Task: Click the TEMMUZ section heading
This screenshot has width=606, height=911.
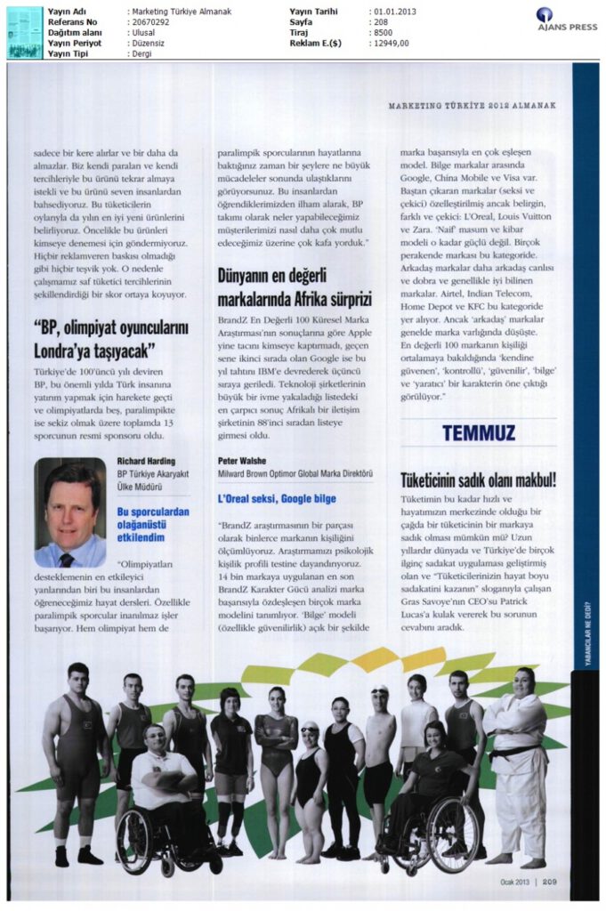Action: click(x=478, y=432)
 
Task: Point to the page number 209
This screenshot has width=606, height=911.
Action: click(x=546, y=882)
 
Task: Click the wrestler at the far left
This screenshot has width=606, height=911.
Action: click(x=76, y=756)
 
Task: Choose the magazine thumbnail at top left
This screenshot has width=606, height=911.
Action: click(x=24, y=32)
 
